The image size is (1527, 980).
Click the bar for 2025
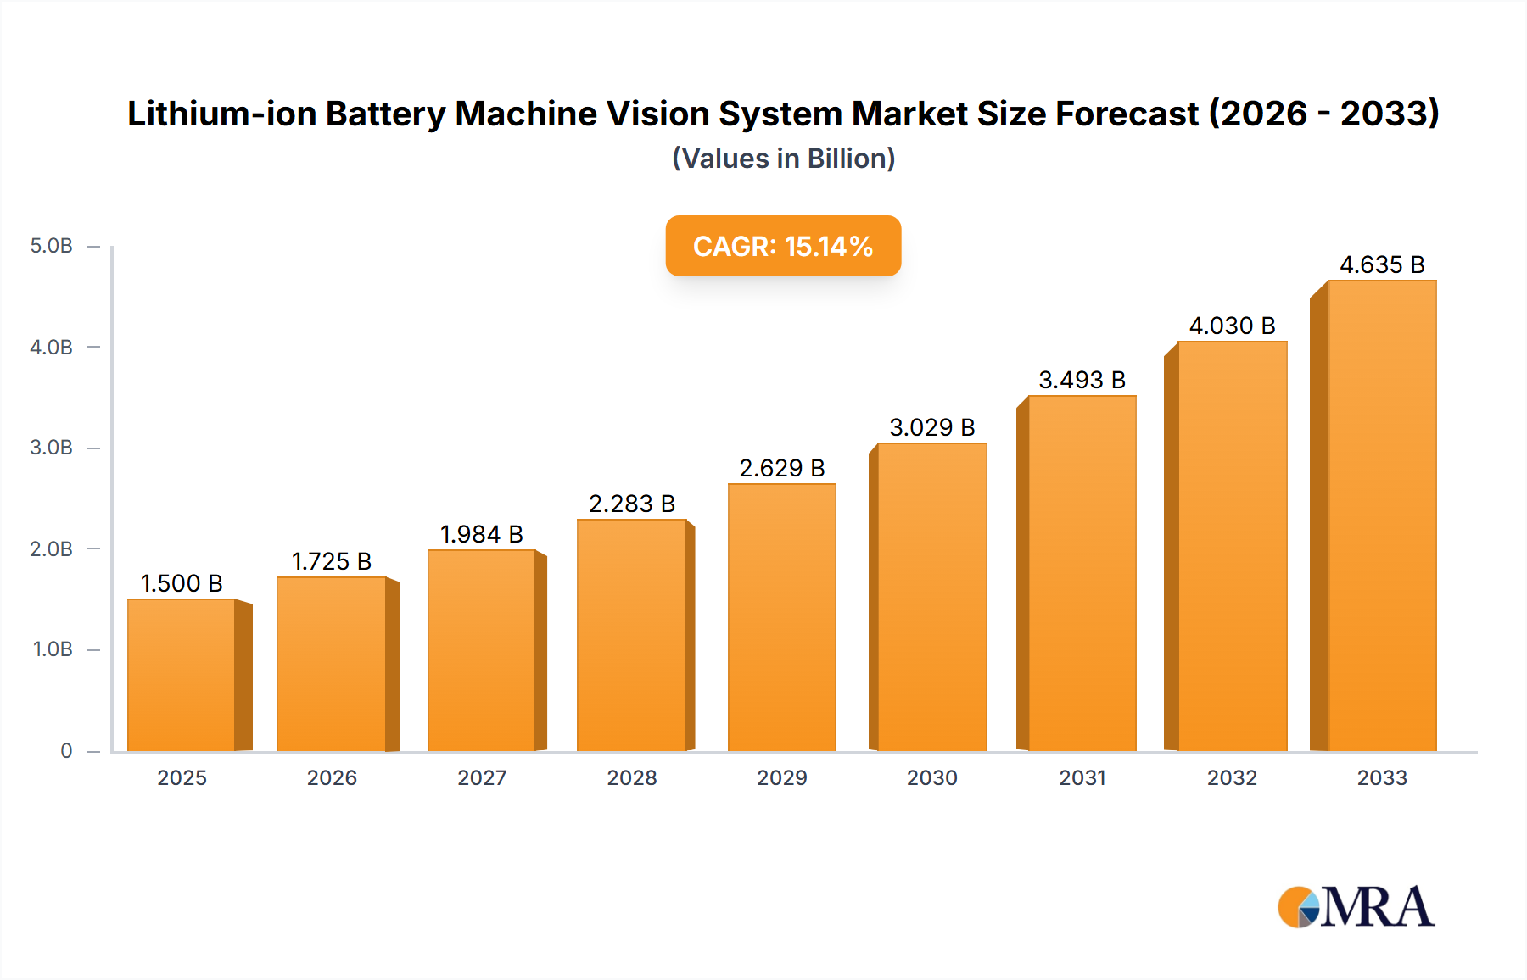(x=182, y=675)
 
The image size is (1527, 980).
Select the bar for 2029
(x=781, y=617)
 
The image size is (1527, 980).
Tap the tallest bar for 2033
(x=1381, y=515)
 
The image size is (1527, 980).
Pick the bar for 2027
(x=481, y=650)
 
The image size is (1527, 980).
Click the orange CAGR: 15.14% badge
(x=782, y=246)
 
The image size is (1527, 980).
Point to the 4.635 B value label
(x=1381, y=264)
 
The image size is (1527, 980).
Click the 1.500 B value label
(x=182, y=583)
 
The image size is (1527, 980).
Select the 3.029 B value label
(x=931, y=427)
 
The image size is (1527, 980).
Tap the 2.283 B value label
(x=631, y=504)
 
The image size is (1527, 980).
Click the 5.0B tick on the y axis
(x=52, y=246)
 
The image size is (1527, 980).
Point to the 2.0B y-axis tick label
(x=52, y=548)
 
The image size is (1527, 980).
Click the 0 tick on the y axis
(x=66, y=750)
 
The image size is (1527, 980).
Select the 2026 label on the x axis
(x=332, y=777)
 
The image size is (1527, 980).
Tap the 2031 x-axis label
(x=1082, y=777)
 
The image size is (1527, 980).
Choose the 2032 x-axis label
(x=1232, y=777)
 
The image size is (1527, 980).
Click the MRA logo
(x=1355, y=907)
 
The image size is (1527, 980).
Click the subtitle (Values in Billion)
(x=782, y=159)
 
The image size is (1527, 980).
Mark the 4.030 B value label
(x=1232, y=326)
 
